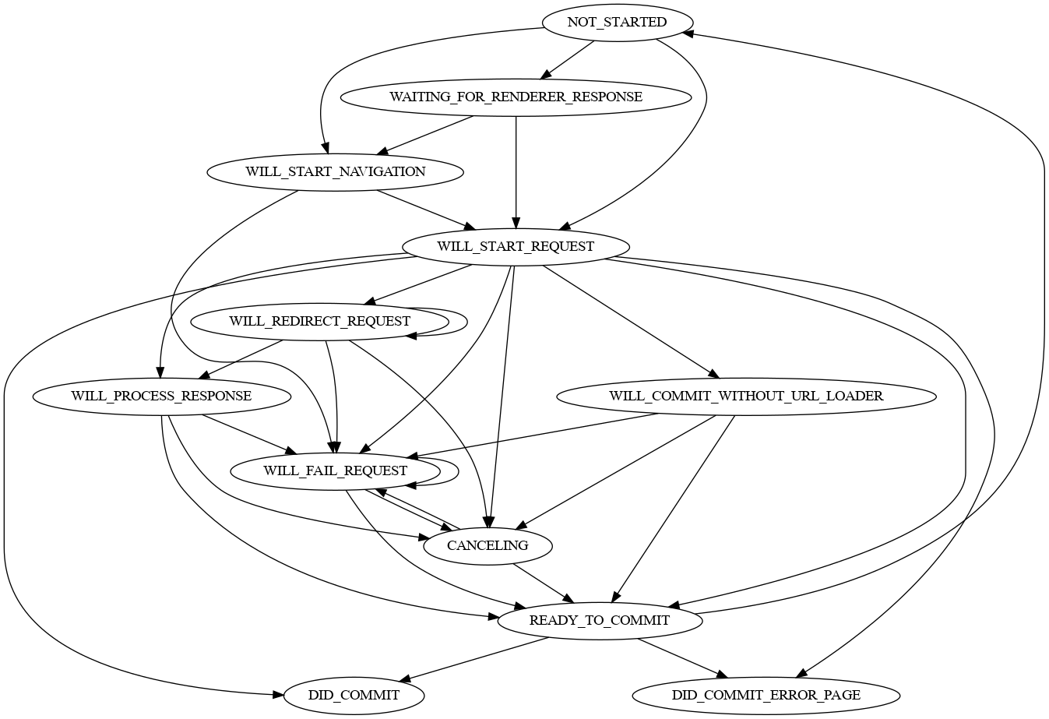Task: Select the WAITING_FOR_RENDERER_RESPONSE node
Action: [x=516, y=97]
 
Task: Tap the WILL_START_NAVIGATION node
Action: [x=335, y=172]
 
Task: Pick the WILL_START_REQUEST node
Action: [x=516, y=247]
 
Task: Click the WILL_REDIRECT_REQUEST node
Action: [x=319, y=322]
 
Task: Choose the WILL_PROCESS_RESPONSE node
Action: [x=161, y=397]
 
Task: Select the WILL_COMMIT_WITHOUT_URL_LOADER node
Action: [x=746, y=397]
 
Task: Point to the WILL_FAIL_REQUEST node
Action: [x=335, y=471]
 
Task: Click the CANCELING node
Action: [x=488, y=546]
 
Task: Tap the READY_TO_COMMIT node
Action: [x=599, y=621]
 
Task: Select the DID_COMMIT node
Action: [x=354, y=696]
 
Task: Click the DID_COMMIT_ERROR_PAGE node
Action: [x=766, y=696]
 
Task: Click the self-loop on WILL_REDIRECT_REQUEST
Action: [x=466, y=321]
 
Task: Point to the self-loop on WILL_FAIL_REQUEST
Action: [x=457, y=471]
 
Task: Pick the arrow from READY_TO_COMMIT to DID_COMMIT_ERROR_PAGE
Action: [x=682, y=658]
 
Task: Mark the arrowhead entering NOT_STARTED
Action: [x=686, y=33]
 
